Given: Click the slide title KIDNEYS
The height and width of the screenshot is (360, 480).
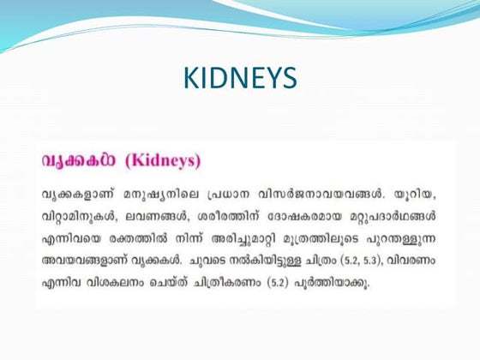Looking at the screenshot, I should (240, 79).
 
